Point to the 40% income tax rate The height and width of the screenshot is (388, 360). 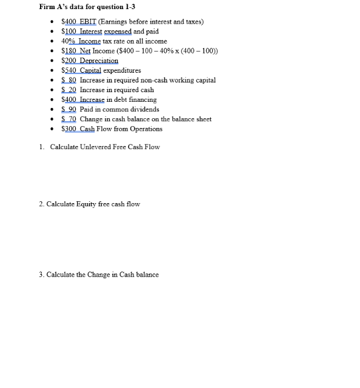coord(68,41)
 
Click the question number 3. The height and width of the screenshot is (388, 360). coord(41,275)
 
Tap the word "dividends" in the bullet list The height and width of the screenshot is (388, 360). coord(144,109)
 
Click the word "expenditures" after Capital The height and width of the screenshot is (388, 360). coord(122,70)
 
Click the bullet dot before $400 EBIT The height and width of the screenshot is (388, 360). coord(55,22)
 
